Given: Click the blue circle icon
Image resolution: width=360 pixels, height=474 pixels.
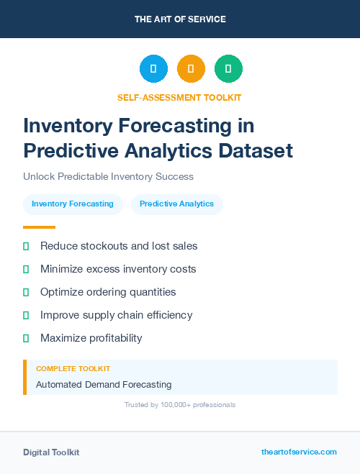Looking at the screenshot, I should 153,68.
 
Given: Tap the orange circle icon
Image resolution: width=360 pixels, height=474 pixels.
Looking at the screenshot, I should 191,68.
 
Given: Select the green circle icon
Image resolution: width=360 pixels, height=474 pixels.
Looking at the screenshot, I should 228,68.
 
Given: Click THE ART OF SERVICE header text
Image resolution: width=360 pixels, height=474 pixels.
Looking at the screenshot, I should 180,19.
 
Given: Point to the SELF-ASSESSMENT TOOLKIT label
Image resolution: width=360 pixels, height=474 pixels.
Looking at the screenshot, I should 179,97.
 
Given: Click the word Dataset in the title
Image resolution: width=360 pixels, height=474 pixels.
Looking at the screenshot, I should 256,150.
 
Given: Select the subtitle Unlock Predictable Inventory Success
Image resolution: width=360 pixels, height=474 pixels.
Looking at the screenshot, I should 108,176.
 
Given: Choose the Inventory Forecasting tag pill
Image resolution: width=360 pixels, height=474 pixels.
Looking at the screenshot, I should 73,204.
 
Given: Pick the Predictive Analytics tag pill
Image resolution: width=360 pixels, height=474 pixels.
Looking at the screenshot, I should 176,204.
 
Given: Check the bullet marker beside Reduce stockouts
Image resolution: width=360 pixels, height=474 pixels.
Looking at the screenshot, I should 26,246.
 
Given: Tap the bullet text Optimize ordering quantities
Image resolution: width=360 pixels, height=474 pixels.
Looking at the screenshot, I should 108,292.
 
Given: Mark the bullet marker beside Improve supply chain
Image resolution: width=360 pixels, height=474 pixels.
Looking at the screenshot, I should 26,315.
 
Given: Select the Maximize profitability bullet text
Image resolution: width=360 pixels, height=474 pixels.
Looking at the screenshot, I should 91,338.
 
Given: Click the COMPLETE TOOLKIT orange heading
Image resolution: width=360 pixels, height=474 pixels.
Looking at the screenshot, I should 73,368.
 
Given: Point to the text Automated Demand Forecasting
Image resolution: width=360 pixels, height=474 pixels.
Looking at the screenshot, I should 104,384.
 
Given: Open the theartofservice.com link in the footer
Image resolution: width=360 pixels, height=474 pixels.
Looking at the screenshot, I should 299,452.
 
